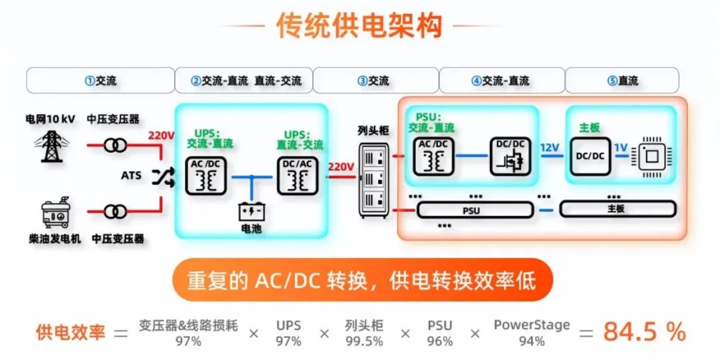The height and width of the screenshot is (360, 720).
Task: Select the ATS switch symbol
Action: (x=163, y=176)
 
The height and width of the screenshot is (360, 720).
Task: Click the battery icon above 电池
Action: (x=251, y=211)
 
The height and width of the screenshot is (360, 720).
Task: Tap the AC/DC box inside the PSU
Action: (x=433, y=156)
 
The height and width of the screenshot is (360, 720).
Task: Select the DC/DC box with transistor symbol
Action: (x=511, y=156)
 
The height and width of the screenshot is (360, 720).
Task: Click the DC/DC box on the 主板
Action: (x=590, y=156)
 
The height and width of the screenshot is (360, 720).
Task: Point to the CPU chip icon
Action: (x=651, y=157)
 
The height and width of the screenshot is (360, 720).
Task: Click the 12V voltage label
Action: (x=550, y=148)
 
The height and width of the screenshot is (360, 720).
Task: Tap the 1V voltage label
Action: (x=621, y=148)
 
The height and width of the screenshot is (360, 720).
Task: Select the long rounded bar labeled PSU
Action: (x=475, y=210)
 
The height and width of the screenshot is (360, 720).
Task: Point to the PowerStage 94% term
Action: (x=532, y=333)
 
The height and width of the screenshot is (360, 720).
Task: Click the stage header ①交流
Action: (x=101, y=81)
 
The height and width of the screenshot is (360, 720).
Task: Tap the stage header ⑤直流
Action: (x=622, y=81)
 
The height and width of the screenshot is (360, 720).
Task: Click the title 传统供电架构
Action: (x=359, y=25)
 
